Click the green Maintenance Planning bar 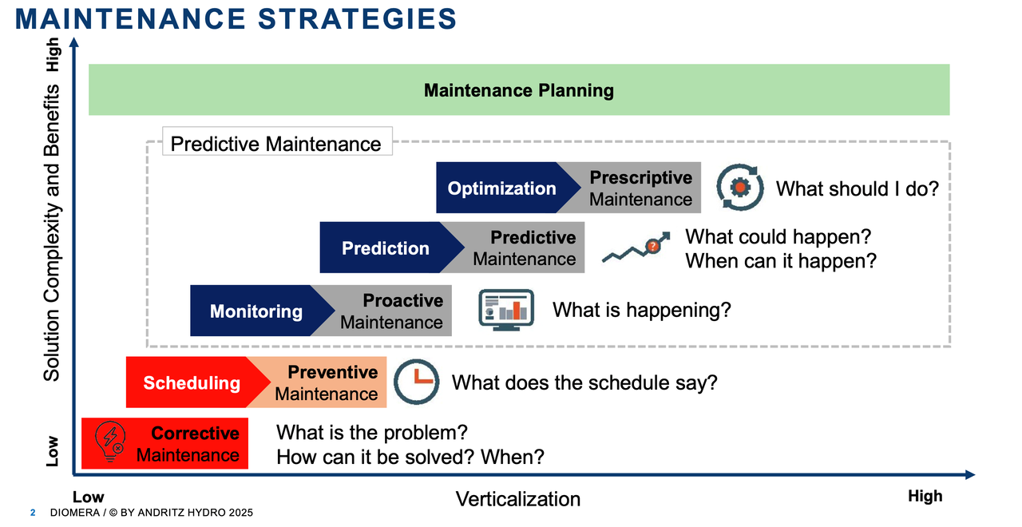pyautogui.click(x=519, y=90)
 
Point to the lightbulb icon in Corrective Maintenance pyautogui.click(x=110, y=442)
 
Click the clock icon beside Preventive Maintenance pyautogui.click(x=416, y=382)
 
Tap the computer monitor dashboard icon pyautogui.click(x=506, y=311)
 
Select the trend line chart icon pyautogui.click(x=636, y=248)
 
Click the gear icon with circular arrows pyautogui.click(x=739, y=187)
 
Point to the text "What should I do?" pyautogui.click(x=858, y=189)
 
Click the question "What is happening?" pyautogui.click(x=641, y=311)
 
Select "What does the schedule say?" pyautogui.click(x=584, y=383)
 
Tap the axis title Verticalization pyautogui.click(x=518, y=499)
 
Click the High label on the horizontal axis pyautogui.click(x=925, y=496)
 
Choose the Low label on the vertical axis pyautogui.click(x=53, y=451)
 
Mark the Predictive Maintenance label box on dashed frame pyautogui.click(x=277, y=141)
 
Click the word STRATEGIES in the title pyautogui.click(x=357, y=18)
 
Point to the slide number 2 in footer pyautogui.click(x=33, y=513)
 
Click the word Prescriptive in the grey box pyautogui.click(x=640, y=177)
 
